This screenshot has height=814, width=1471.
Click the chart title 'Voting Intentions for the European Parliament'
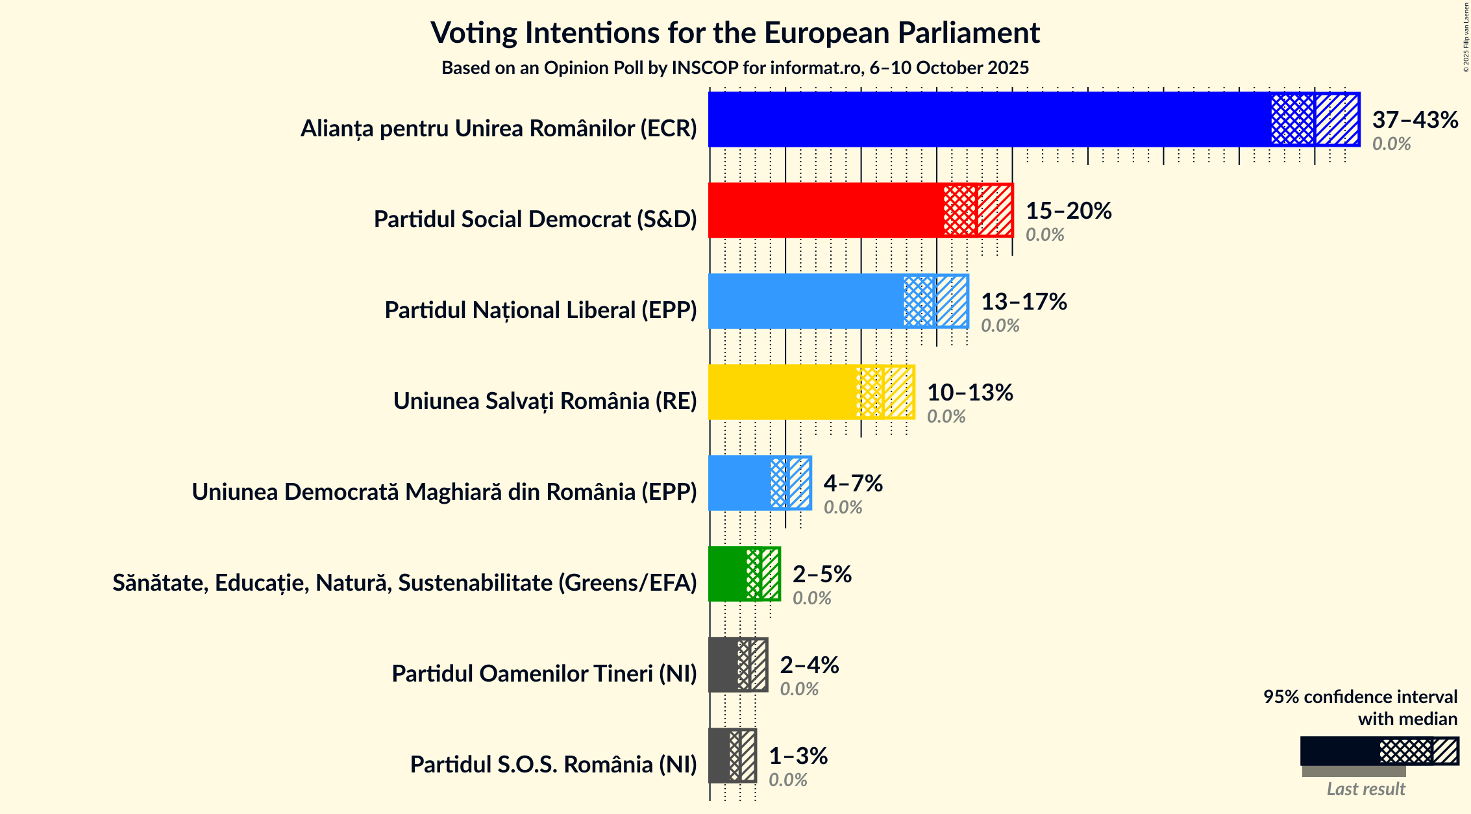coord(735,32)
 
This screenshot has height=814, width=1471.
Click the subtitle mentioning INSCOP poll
coord(735,68)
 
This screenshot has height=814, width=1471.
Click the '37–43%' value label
coord(1415,119)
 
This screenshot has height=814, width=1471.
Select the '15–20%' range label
coord(1068,210)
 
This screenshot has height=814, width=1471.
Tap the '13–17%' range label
coord(1023,301)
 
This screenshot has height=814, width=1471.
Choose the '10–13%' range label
coord(969,392)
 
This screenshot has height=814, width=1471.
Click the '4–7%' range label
coord(852,483)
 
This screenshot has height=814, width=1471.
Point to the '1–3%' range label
coord(798,756)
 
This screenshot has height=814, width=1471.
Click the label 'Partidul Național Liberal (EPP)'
coord(540,310)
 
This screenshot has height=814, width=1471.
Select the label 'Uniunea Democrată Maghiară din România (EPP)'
coord(444,492)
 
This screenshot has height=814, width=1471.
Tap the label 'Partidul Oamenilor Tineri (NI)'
coord(544,674)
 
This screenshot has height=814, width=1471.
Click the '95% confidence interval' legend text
coord(1359,697)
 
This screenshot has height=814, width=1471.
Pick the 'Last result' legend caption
coord(1365,789)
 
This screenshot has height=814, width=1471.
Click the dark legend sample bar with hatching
coord(1379,751)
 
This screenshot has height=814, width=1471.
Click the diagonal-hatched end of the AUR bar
coord(1337,119)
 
